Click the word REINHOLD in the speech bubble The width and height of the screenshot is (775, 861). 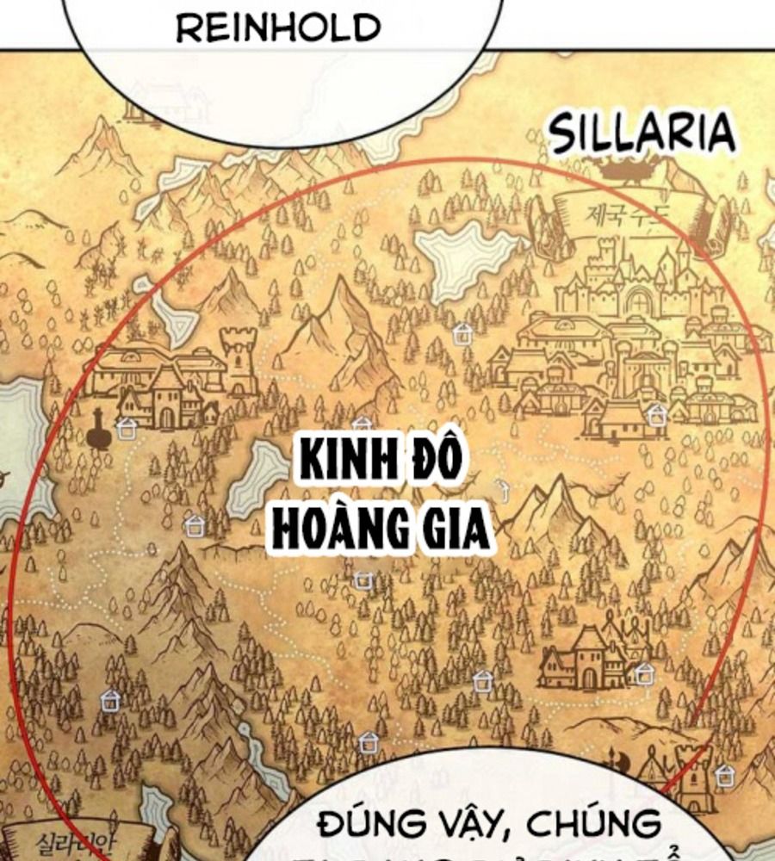[x=277, y=28]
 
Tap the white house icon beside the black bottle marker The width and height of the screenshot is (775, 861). [x=127, y=428]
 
